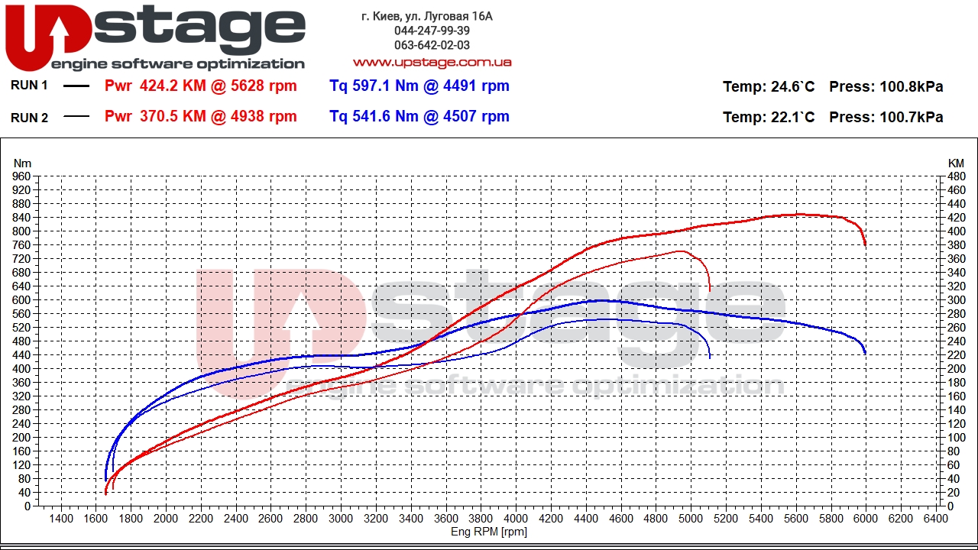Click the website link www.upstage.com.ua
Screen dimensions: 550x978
[432, 62]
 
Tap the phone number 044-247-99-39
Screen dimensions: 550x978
[432, 31]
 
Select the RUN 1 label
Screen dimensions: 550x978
[29, 86]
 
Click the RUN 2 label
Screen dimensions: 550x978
[29, 117]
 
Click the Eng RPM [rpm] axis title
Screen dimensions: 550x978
[489, 532]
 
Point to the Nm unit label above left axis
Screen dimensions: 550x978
[22, 163]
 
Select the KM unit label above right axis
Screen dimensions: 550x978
[956, 163]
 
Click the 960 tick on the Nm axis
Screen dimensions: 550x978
[22, 176]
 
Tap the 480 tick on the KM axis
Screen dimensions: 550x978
[956, 176]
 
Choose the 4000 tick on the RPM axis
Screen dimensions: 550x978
[516, 519]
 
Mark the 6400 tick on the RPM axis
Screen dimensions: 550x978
[935, 519]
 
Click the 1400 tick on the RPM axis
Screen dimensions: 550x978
[61, 519]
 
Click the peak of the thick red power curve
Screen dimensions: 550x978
[799, 214]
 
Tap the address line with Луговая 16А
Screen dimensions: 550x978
[427, 15]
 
